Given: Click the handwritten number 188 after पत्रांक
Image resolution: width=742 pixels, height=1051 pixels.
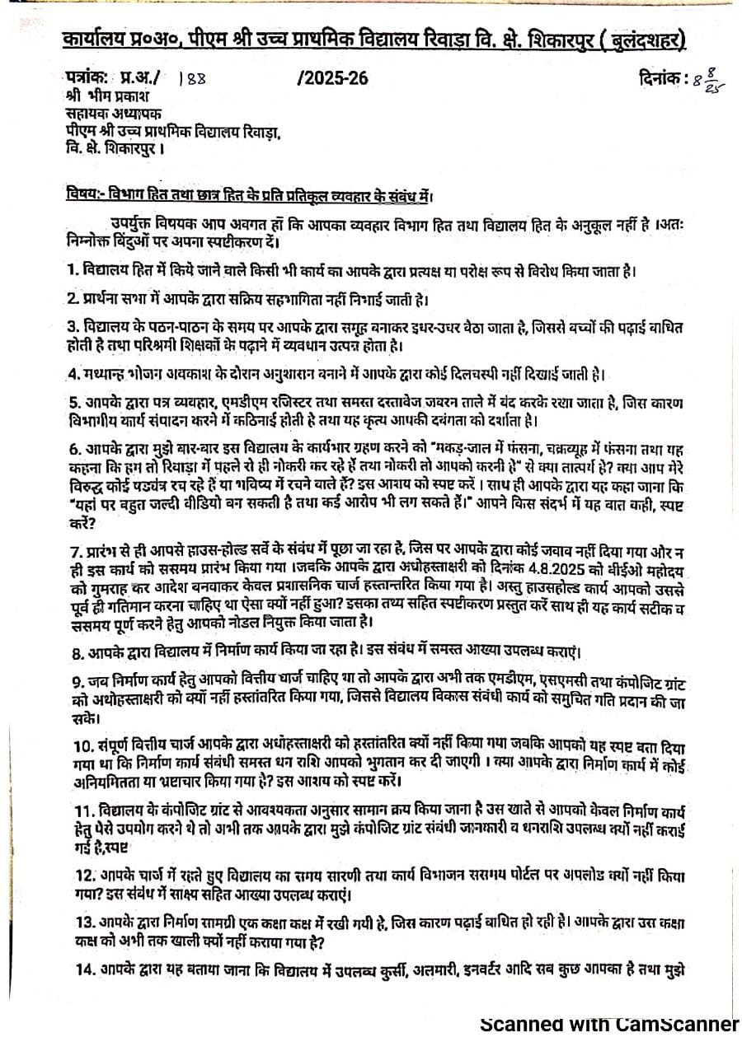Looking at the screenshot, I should click(193, 80).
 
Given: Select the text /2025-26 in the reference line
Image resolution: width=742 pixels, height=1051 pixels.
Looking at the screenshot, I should click(332, 79).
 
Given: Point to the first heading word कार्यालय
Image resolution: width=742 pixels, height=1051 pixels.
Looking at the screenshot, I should click(95, 40).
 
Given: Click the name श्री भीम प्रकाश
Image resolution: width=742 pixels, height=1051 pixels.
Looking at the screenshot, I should click(107, 97).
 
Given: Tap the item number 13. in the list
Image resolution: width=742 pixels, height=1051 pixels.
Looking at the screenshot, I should click(77, 919).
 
